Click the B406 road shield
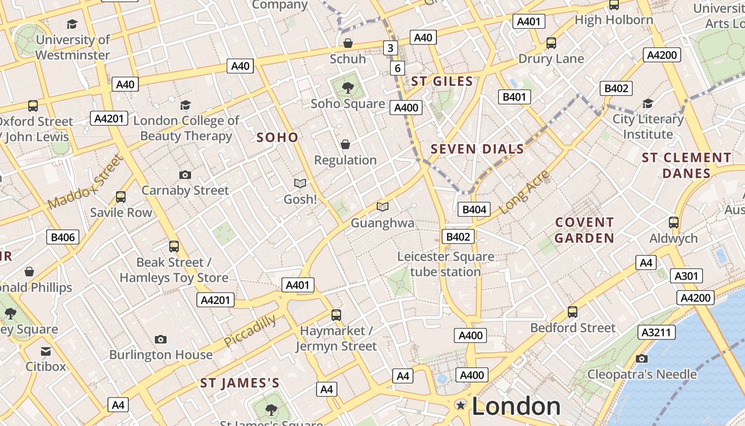coord(63,237)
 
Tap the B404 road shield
coord(474,209)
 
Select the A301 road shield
coord(686,276)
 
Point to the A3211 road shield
coord(657,333)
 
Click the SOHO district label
coord(277,137)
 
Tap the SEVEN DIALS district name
coord(477,149)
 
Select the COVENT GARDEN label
coord(584,230)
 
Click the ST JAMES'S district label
coord(239,383)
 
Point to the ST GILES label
coord(442,81)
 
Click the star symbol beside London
coord(461,406)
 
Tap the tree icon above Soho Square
coord(347,87)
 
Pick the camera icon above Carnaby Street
coord(185,175)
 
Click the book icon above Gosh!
coord(300,183)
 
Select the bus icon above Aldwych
coord(673,222)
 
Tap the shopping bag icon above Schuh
coord(347,43)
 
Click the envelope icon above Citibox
coord(46,351)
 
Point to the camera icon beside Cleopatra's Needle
coord(642,358)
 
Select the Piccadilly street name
coord(250,330)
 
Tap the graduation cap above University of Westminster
coord(72,24)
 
